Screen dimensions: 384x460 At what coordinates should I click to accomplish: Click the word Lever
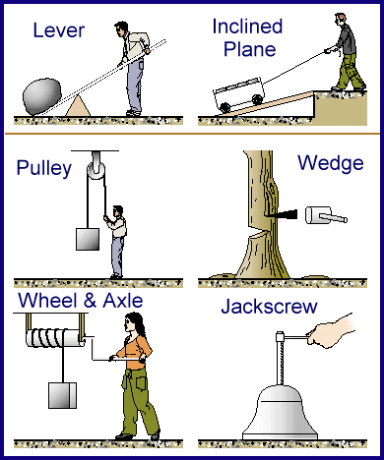point(59,30)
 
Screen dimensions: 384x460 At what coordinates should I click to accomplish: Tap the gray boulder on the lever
point(42,96)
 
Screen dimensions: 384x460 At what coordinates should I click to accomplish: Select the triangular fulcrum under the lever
point(78,105)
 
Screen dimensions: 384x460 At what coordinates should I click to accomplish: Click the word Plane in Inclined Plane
point(250,49)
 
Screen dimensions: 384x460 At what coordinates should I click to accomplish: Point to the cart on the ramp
point(239,94)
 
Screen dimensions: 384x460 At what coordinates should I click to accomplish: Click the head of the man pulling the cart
point(341,20)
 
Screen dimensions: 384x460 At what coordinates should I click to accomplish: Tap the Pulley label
point(44,168)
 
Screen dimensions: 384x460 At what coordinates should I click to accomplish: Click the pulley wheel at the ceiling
point(96,171)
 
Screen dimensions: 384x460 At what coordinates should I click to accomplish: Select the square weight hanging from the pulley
point(88,239)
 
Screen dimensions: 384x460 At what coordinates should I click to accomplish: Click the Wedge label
point(331,163)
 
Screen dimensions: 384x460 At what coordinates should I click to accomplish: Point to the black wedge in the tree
point(282,214)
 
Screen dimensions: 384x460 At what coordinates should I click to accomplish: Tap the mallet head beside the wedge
point(318,215)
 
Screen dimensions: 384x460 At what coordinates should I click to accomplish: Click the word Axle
point(123,301)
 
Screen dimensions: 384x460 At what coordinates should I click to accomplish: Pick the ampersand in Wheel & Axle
point(90,301)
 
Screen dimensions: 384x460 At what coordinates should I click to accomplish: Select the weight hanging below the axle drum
point(62,395)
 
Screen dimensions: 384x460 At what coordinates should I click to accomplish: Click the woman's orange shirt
point(134,351)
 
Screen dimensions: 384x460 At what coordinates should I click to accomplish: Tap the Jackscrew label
point(269,307)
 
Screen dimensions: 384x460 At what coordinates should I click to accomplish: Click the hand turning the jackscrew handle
point(331,331)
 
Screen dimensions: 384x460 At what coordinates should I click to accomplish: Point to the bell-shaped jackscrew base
point(280,412)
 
